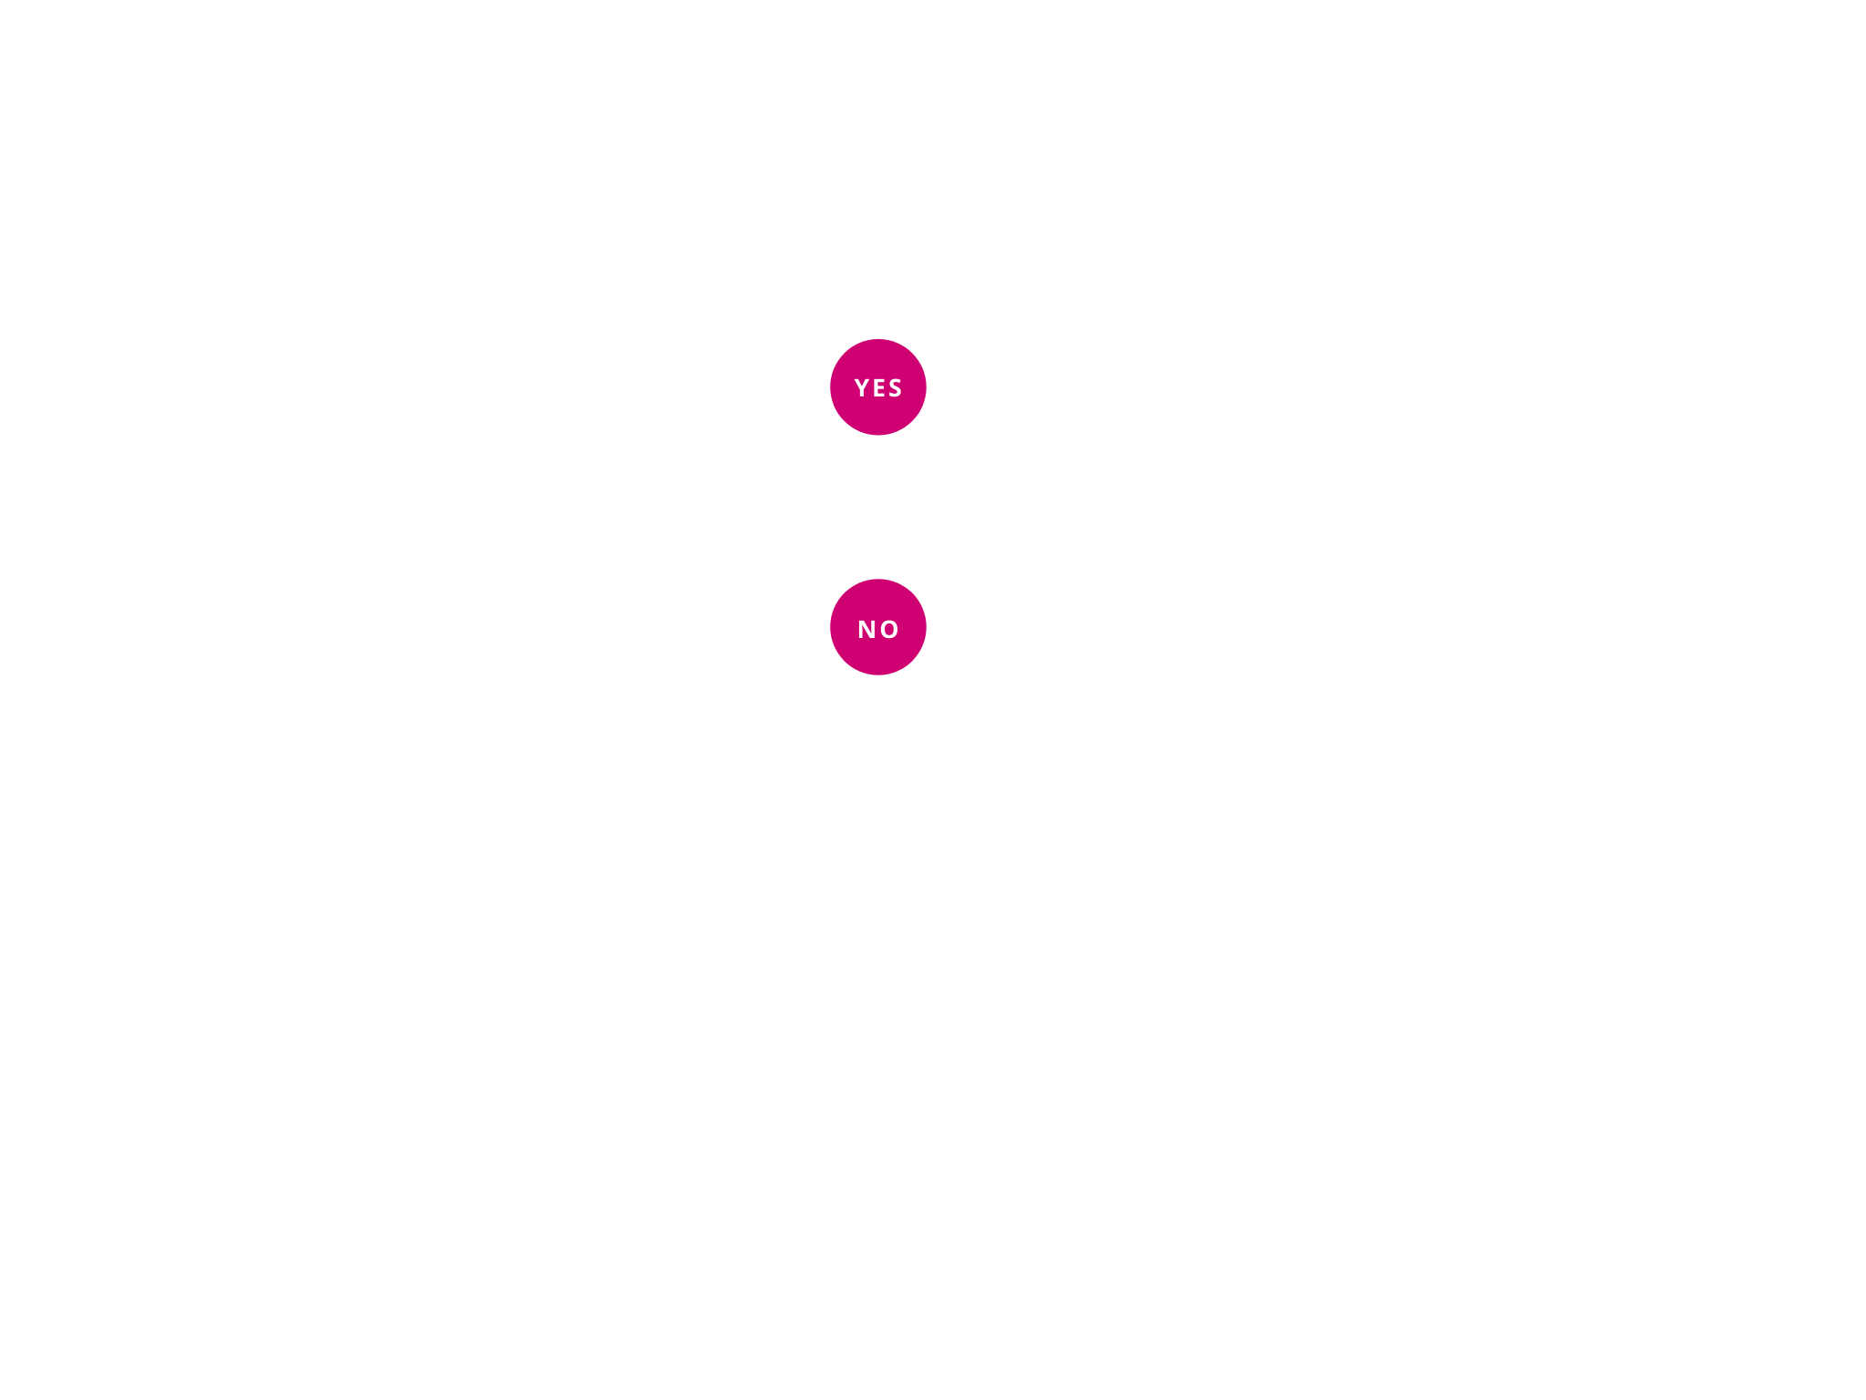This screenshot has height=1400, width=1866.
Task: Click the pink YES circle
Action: pos(877,387)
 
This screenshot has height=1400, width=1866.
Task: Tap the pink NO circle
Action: pos(877,628)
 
